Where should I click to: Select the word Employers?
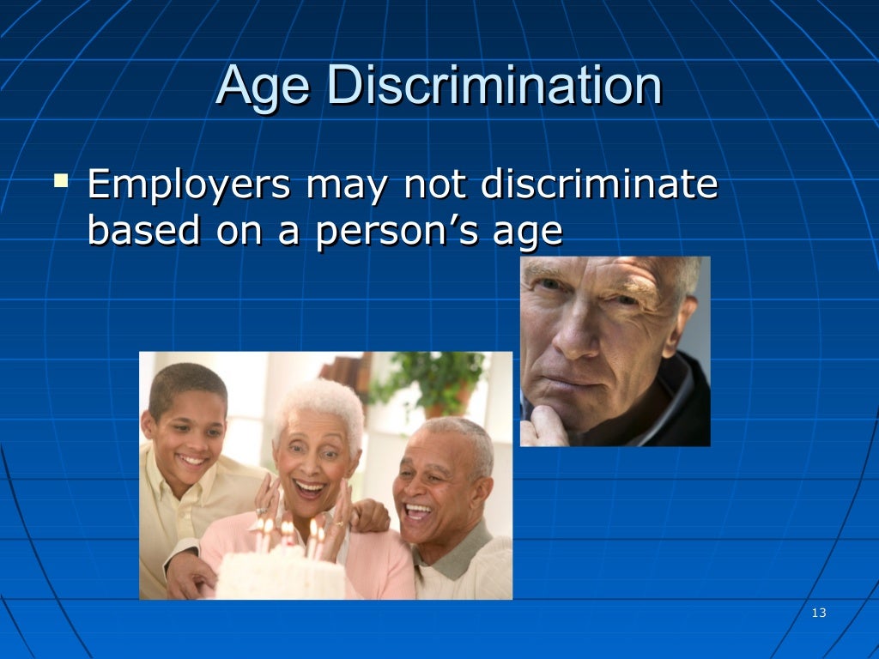(189, 186)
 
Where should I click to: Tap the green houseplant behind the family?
(438, 378)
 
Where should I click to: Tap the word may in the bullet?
(348, 187)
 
